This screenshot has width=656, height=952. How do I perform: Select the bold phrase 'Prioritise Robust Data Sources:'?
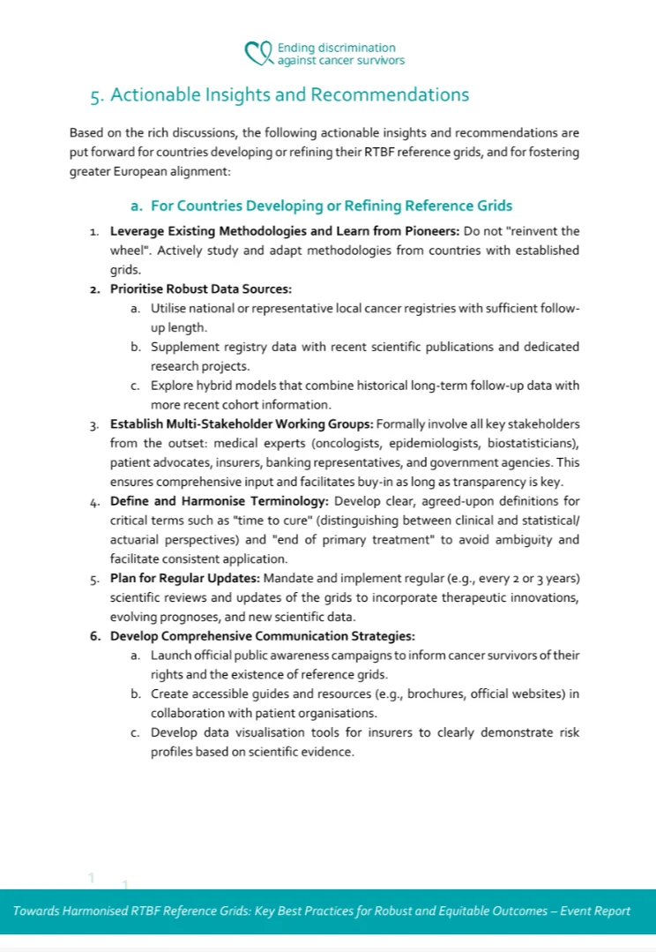(x=200, y=289)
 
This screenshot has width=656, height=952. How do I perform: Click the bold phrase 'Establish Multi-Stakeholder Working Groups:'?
(x=241, y=424)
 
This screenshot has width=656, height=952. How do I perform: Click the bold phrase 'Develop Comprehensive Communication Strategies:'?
(x=262, y=636)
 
